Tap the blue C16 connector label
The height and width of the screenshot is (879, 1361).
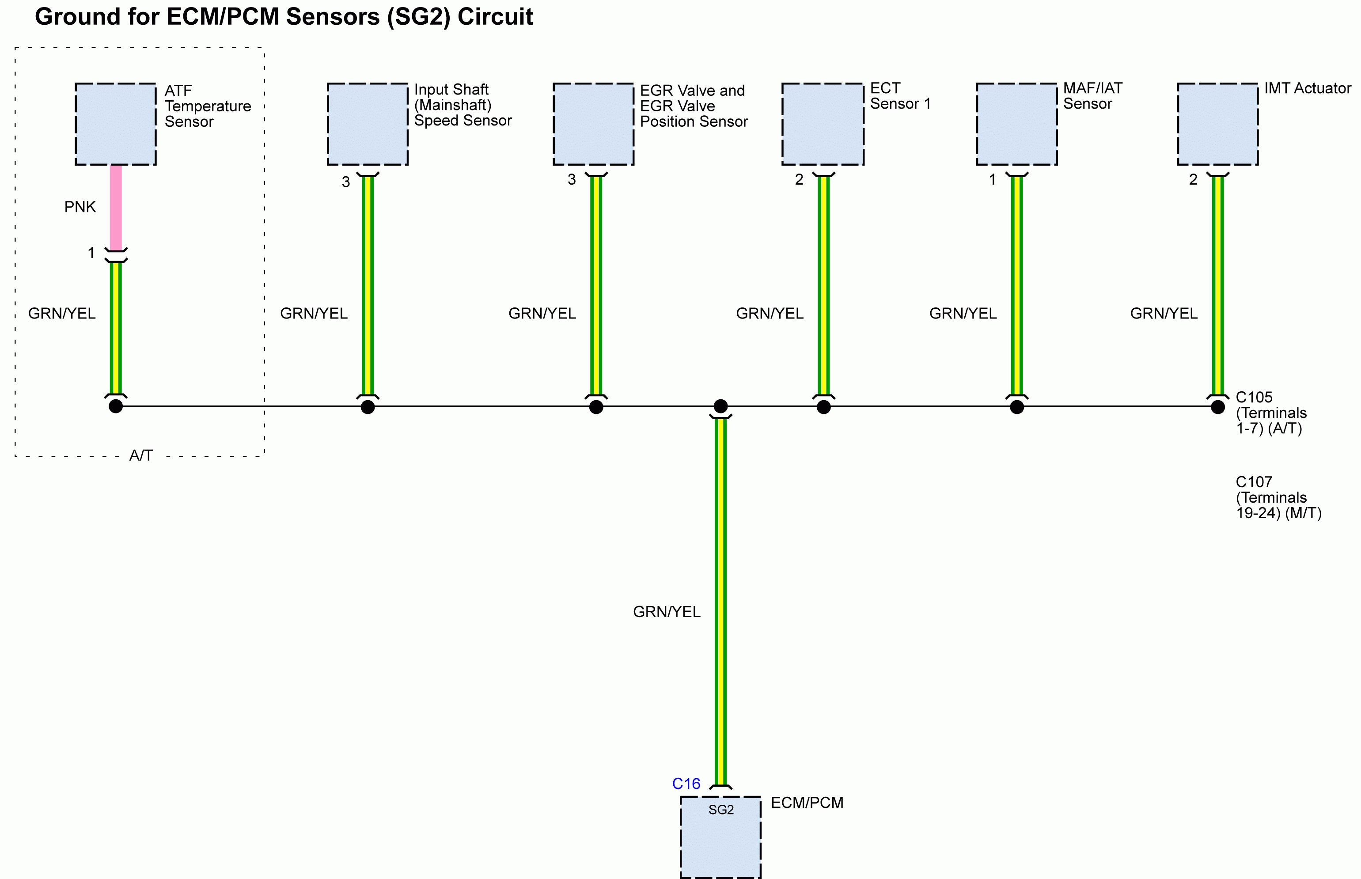[686, 784]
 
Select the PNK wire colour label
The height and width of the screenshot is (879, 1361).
[80, 207]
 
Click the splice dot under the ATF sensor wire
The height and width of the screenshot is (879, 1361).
[116, 406]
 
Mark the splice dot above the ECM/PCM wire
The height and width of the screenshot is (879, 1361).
[721, 406]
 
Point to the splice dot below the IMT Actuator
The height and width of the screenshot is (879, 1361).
[1218, 406]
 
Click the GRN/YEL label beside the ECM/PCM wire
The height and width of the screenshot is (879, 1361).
[667, 612]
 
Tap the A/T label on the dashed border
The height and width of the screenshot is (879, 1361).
[141, 455]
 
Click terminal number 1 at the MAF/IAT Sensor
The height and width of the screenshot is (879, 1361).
[992, 180]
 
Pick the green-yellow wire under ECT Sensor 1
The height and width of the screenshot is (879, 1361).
[823, 285]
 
